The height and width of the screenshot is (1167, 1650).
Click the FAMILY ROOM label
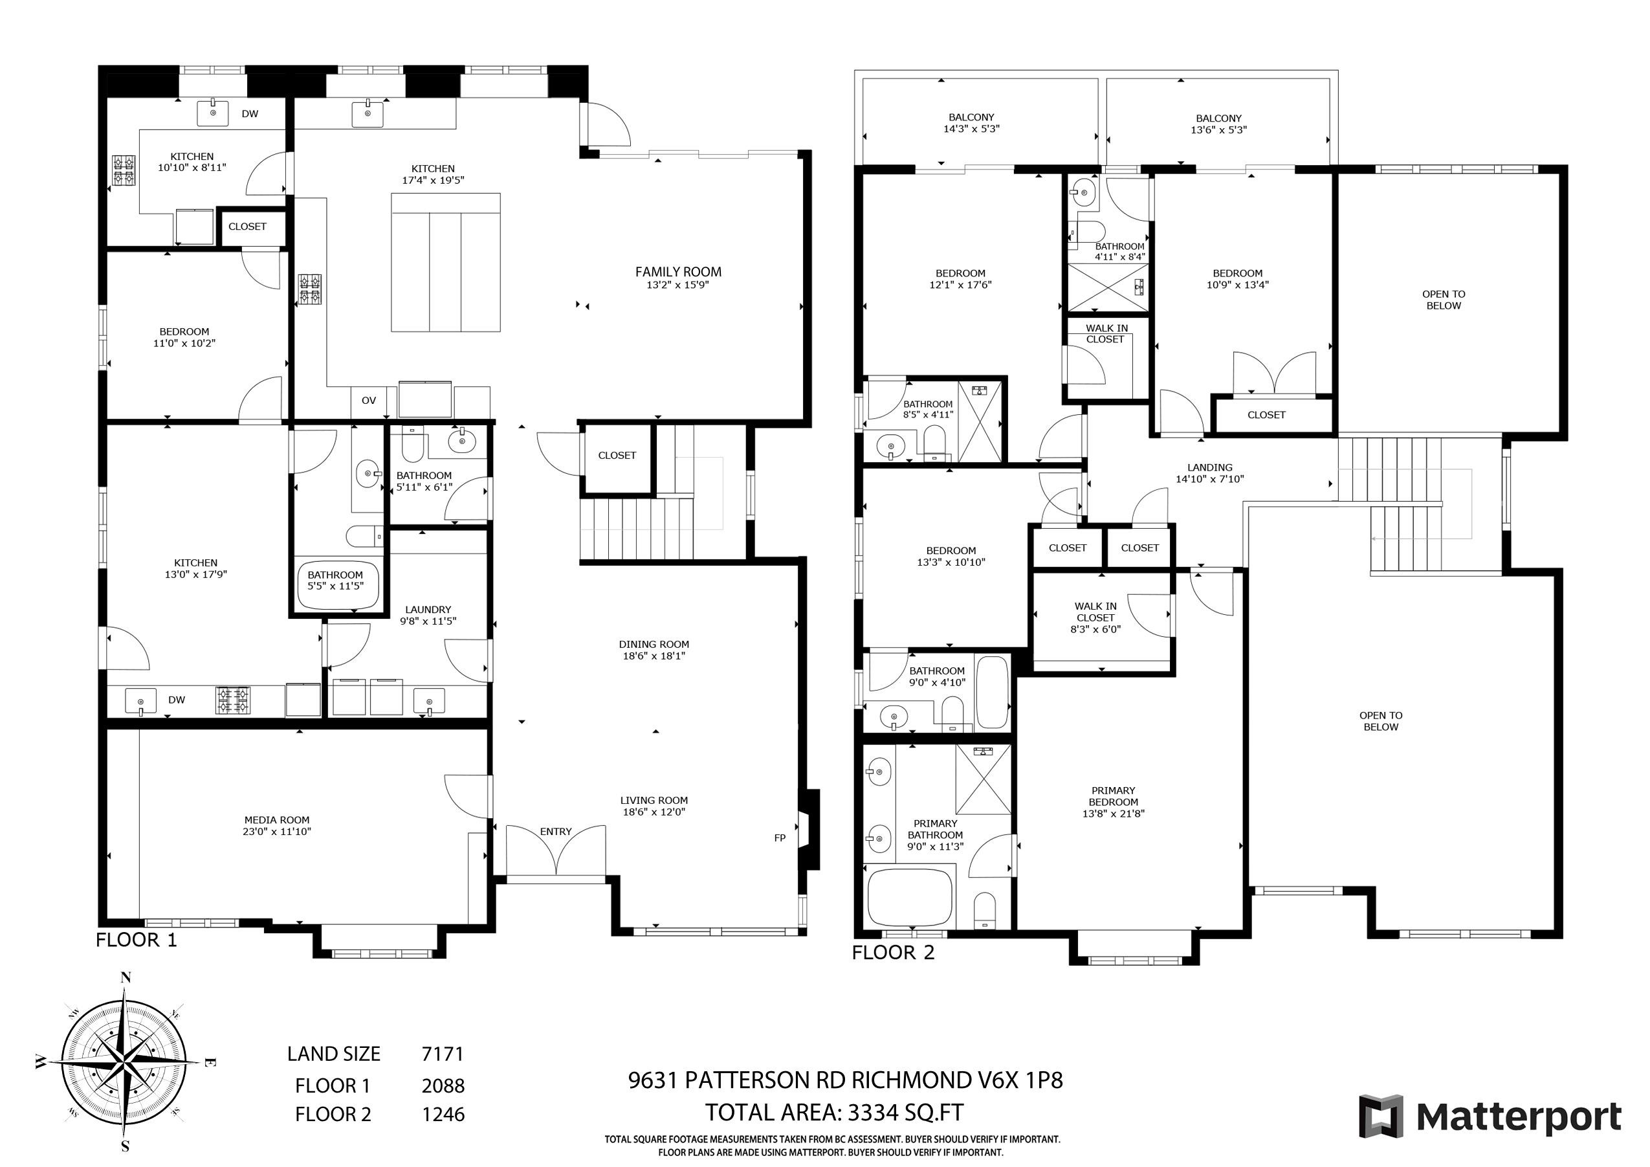tap(677, 272)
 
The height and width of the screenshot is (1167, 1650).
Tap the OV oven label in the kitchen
tap(369, 401)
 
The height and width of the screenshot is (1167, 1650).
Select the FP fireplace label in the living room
tap(780, 838)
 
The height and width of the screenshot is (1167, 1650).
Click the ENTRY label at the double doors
tap(556, 832)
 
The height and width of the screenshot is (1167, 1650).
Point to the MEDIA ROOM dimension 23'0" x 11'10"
tap(277, 832)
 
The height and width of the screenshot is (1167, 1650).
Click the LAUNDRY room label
tap(428, 610)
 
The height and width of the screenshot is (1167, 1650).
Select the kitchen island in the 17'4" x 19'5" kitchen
tap(446, 262)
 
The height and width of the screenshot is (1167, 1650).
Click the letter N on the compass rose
tap(125, 977)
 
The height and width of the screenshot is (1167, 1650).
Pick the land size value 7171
tap(443, 1054)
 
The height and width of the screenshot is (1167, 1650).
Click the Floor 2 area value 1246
tap(443, 1115)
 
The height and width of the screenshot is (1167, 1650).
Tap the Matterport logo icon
tap(1381, 1116)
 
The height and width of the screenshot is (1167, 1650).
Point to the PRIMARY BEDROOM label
tap(1113, 796)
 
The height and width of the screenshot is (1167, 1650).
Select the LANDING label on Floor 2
tap(1209, 467)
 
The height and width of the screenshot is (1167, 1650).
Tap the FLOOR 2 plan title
tap(894, 953)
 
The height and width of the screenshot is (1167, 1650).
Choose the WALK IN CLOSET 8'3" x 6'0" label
tap(1095, 617)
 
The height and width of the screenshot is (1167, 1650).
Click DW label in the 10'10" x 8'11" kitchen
tap(249, 114)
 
